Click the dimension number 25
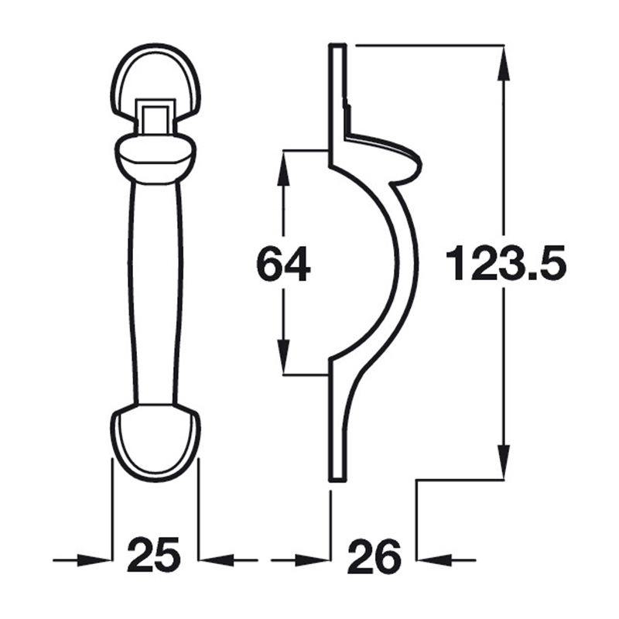[155, 556]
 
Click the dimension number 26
[374, 556]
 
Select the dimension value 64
[283, 265]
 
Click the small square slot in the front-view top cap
[156, 118]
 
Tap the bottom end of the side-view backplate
[336, 474]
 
